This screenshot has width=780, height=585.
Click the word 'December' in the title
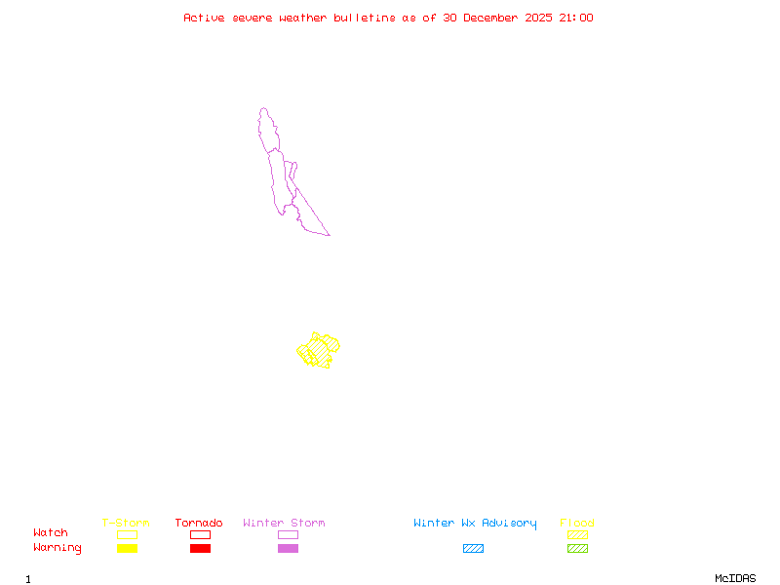point(494,18)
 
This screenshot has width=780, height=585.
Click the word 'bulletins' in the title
point(364,18)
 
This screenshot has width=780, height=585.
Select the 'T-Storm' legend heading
point(126,524)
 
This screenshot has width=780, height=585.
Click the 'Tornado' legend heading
point(199,524)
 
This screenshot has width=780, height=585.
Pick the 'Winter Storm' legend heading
point(284,524)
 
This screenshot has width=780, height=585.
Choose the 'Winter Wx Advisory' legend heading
point(475,524)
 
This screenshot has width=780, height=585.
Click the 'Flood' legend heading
point(577,524)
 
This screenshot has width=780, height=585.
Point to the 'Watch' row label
point(51,533)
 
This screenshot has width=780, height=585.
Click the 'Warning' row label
point(58,548)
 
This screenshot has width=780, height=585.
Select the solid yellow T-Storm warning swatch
point(127,549)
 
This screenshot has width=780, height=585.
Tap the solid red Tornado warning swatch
point(200,549)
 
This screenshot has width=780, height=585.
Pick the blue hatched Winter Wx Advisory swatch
point(473,549)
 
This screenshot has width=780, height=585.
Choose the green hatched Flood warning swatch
point(577,549)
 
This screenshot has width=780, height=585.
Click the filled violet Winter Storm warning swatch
point(288,549)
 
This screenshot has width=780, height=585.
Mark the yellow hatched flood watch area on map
point(319,349)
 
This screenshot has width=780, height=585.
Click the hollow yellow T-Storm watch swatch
point(127,534)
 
